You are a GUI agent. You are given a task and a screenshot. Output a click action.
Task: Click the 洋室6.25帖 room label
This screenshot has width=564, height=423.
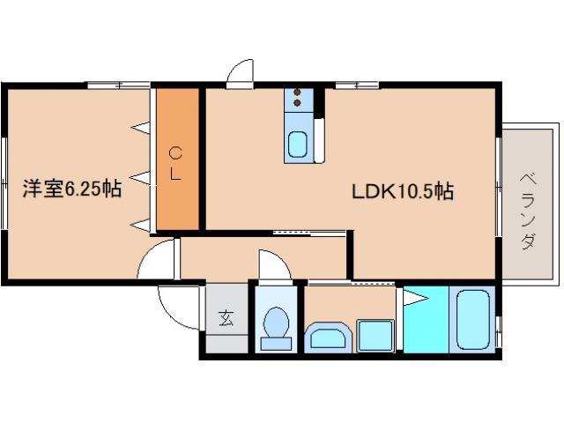tap(72, 188)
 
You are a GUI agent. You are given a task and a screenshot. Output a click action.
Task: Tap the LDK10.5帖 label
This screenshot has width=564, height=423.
tap(403, 191)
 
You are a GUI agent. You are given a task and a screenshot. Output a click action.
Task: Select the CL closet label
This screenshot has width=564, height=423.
tap(175, 164)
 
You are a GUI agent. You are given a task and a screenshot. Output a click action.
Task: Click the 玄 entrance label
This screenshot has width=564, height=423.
tap(226, 317)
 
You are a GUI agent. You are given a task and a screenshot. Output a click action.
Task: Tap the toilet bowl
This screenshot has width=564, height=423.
tap(276, 322)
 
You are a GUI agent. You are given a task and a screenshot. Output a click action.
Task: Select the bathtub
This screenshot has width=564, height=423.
tap(472, 320)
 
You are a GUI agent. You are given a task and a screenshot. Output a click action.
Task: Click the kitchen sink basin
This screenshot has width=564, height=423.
tap(298, 145)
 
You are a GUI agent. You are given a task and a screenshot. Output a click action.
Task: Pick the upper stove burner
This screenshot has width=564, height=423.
tap(297, 92)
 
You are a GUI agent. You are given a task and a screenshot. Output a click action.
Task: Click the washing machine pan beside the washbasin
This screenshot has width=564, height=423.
tap(375, 335)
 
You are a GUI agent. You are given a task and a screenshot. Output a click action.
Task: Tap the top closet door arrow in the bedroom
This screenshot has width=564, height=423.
tap(140, 127)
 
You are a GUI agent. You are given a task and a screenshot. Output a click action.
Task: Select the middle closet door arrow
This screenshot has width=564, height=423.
tap(139, 178)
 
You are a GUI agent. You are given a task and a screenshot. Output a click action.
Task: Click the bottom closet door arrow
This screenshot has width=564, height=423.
tap(140, 225)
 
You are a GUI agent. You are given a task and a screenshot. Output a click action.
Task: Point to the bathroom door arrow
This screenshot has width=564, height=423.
tap(416, 298)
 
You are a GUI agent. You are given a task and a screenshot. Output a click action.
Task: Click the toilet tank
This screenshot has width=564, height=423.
tap(276, 344)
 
